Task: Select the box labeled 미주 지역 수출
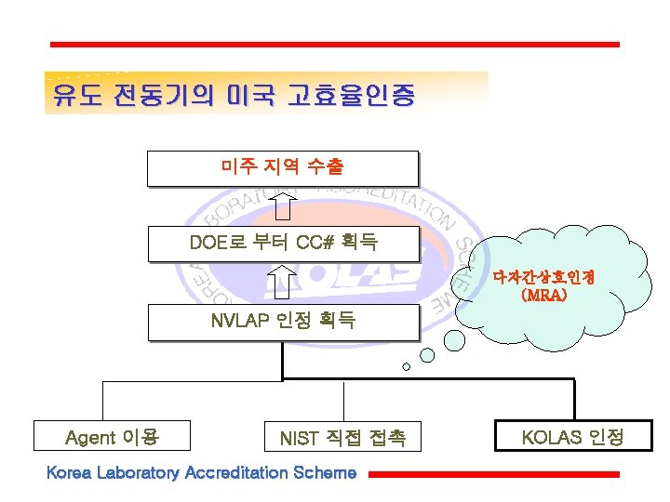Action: coord(282,167)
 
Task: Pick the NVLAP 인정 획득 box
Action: coord(283,322)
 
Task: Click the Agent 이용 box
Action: coord(112,437)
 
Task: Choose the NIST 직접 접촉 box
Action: coord(342,437)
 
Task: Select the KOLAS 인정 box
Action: coord(572,437)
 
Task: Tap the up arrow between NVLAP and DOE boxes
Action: coord(282,283)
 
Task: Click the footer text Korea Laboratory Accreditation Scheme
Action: coord(201,473)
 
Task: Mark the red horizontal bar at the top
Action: coord(334,44)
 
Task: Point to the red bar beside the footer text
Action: coord(493,474)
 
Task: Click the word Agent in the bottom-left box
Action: coord(90,437)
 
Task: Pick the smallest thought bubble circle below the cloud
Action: coord(406,366)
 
